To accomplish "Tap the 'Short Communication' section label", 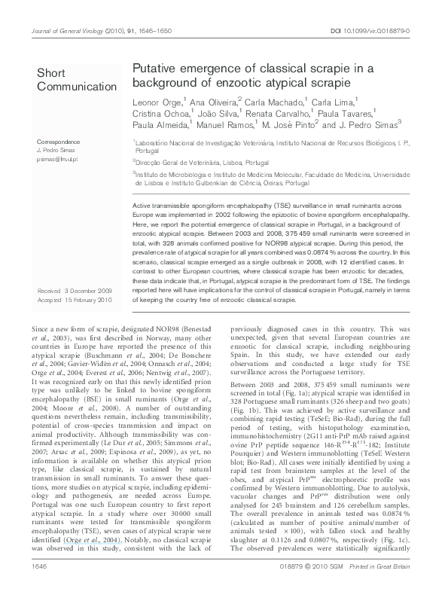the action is pos(69,78).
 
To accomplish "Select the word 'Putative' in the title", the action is pos(155,69).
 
